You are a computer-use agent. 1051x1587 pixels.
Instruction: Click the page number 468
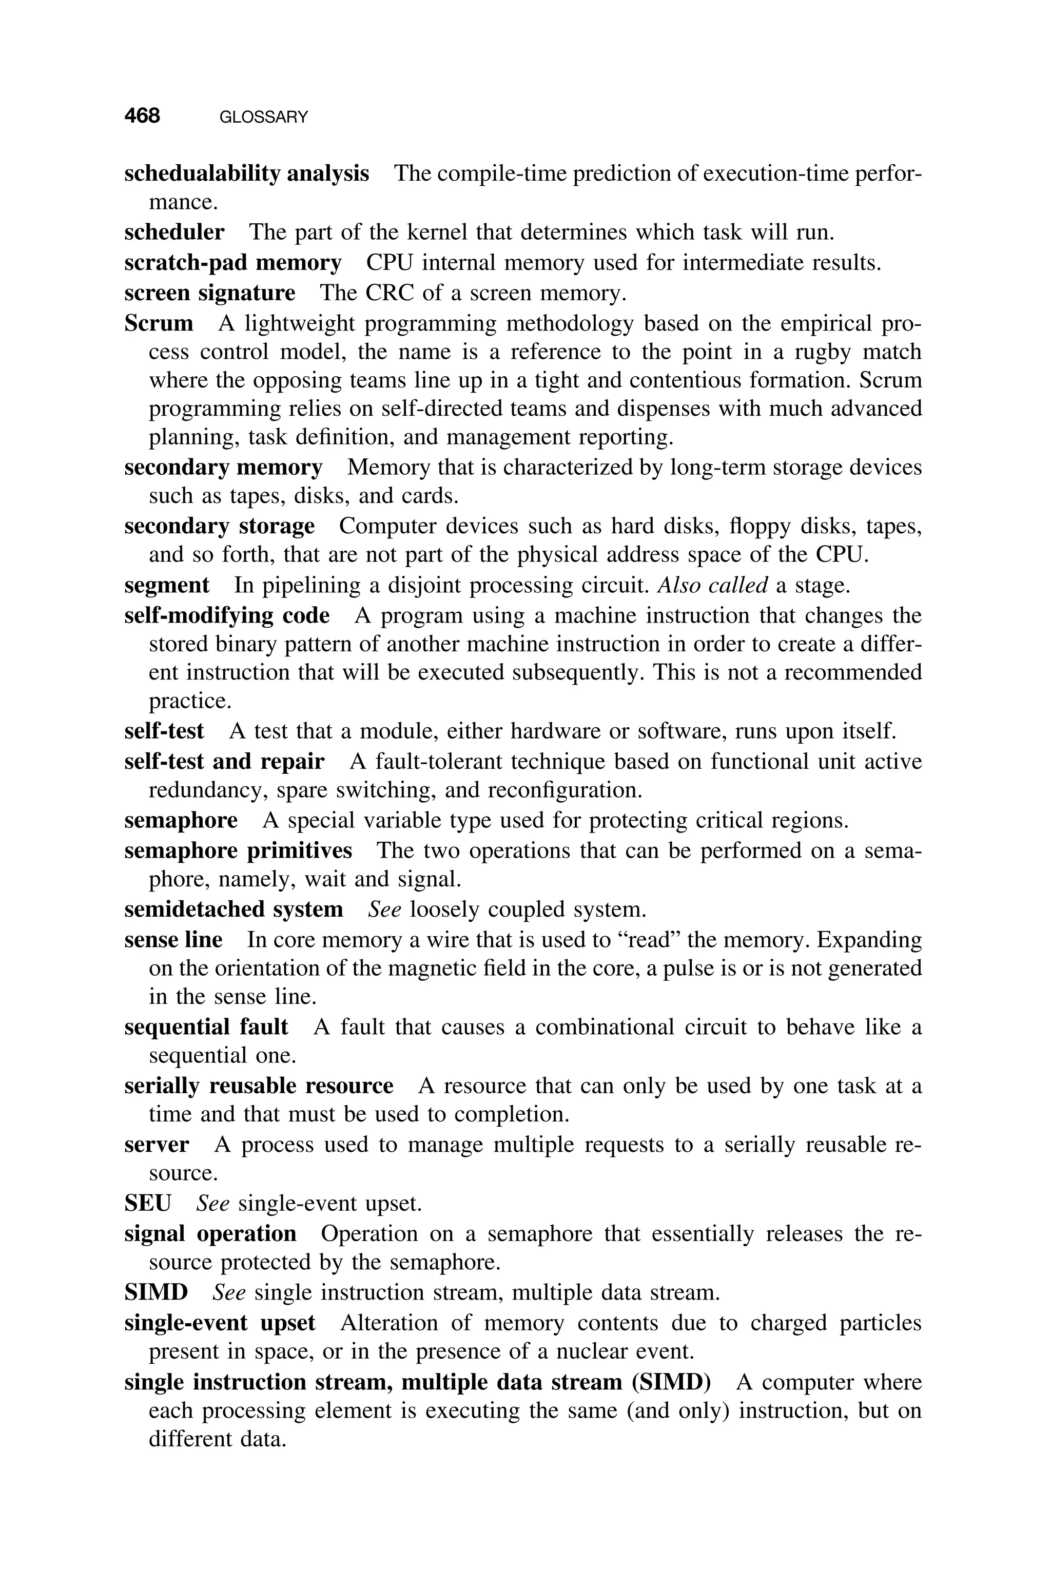[x=142, y=116]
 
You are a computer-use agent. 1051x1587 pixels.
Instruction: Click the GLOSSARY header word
[x=263, y=118]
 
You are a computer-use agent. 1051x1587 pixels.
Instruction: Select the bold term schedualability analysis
[x=247, y=173]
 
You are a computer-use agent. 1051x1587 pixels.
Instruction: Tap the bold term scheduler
[x=174, y=233]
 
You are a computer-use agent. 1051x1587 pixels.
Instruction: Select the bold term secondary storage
[x=219, y=526]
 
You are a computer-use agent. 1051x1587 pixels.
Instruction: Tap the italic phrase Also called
[x=712, y=585]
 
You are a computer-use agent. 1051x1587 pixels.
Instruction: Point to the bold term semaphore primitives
[x=238, y=850]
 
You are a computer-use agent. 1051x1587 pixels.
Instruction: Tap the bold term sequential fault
[x=206, y=1027]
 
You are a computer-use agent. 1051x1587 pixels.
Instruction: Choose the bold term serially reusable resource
[x=259, y=1086]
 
